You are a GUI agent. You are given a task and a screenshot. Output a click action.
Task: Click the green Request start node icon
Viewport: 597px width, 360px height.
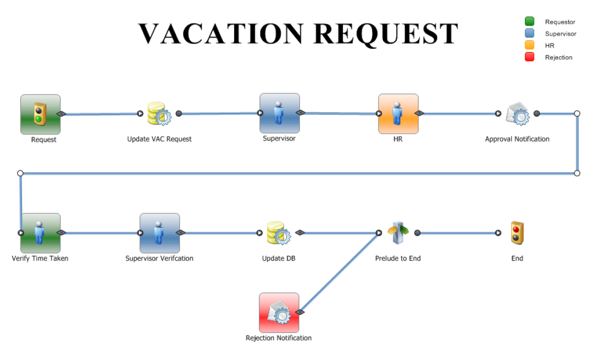40,114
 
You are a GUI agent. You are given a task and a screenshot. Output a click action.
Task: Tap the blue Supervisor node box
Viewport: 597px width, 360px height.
280,113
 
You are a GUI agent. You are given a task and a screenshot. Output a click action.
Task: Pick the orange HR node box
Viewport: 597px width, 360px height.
398,114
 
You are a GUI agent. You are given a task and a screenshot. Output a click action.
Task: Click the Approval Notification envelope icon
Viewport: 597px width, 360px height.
517,114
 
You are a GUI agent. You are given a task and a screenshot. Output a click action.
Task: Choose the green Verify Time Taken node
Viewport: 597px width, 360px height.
40,233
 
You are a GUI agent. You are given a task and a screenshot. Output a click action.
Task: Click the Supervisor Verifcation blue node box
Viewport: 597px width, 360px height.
159,233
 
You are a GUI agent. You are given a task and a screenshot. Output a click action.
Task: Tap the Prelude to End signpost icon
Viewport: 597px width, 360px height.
398,233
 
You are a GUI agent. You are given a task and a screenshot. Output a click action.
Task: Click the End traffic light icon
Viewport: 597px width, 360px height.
517,233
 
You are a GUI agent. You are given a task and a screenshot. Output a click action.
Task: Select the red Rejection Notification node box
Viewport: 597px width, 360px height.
279,313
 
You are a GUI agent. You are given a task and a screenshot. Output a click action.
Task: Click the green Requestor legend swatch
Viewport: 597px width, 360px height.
529,22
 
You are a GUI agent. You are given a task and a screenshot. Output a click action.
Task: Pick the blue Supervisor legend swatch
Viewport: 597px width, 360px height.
529,33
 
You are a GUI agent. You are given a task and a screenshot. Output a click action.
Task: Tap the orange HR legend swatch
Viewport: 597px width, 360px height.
529,45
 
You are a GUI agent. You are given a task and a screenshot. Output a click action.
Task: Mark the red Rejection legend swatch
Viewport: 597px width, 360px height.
529,57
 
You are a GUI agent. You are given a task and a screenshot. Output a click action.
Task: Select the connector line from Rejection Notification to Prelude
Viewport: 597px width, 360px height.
340,272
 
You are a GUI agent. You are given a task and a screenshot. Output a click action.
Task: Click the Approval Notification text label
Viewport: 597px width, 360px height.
517,139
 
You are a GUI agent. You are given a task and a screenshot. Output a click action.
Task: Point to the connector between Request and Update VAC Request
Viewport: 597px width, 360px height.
101,114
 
